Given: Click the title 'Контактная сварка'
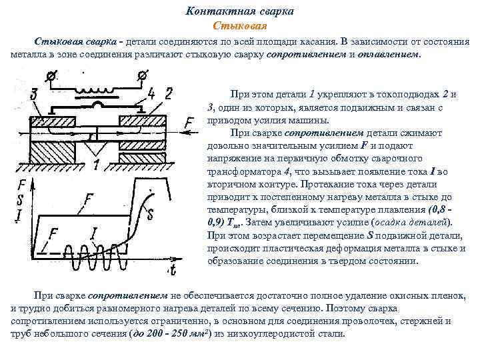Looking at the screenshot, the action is pyautogui.click(x=239, y=12).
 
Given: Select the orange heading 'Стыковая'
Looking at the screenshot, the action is pyautogui.click(x=239, y=26).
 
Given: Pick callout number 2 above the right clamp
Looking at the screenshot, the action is pyautogui.click(x=169, y=93).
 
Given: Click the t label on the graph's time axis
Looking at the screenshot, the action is pyautogui.click(x=173, y=270).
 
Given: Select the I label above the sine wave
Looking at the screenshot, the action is pyautogui.click(x=94, y=233).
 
